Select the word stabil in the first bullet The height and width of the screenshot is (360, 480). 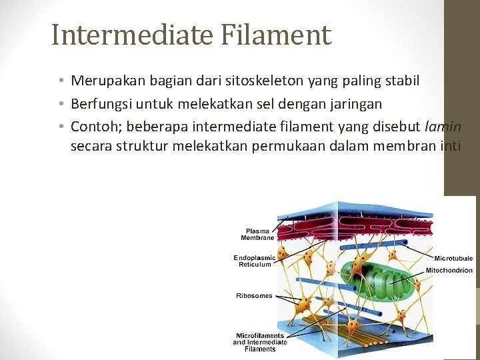pyautogui.click(x=399, y=81)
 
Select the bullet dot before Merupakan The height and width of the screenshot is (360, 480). pyautogui.click(x=60, y=81)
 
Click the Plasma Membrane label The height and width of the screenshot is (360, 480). pyautogui.click(x=257, y=234)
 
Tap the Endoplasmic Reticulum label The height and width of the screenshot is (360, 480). pyautogui.click(x=255, y=261)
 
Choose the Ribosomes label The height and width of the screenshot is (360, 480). pyautogui.click(x=254, y=295)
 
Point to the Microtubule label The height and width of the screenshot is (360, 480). pyautogui.click(x=453, y=258)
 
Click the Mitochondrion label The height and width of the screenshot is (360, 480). pyautogui.click(x=449, y=271)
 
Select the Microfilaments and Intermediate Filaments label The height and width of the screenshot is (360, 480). pyautogui.click(x=260, y=342)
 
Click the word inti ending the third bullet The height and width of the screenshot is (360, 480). pyautogui.click(x=451, y=146)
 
